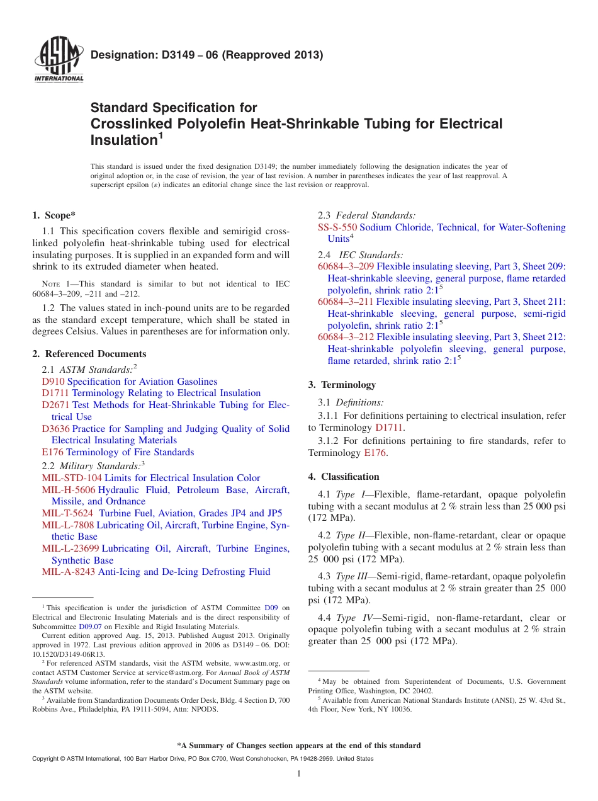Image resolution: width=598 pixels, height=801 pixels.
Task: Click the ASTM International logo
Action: tap(58, 60)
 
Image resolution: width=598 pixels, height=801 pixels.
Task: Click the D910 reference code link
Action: tap(53, 382)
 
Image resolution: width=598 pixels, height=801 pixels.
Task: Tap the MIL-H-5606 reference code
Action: tap(69, 490)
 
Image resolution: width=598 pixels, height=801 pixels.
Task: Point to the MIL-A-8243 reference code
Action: tap(69, 572)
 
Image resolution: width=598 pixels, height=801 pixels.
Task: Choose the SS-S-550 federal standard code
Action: tap(337, 227)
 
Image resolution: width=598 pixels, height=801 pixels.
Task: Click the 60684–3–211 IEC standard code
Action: tap(346, 302)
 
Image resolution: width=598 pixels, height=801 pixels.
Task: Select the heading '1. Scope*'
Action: tap(54, 215)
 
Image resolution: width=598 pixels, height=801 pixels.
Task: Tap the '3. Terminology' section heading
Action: tap(342, 385)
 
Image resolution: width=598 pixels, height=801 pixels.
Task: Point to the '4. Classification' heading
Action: tap(344, 477)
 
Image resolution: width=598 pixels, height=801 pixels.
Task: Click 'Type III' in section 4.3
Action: tap(353, 576)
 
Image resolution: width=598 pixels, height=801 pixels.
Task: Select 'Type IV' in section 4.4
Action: tap(353, 618)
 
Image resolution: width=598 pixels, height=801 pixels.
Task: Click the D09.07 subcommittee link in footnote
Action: tap(90, 627)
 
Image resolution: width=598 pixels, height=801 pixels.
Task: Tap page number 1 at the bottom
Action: tap(299, 773)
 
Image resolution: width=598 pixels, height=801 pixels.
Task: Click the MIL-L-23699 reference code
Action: tap(71, 548)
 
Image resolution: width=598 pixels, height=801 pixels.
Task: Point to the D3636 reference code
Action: tap(55, 429)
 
